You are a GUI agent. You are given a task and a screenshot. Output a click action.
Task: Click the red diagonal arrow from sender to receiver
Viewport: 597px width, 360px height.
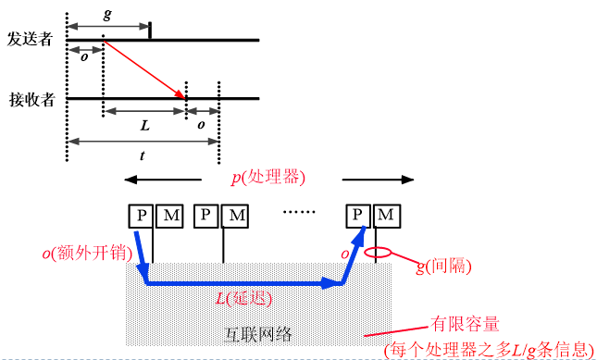click(144, 69)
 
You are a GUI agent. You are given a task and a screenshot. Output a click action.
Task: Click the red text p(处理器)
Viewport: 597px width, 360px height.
click(267, 176)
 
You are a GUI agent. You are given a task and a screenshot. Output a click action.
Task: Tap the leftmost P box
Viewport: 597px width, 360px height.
click(141, 216)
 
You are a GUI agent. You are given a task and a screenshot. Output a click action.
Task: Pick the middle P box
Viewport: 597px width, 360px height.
click(207, 216)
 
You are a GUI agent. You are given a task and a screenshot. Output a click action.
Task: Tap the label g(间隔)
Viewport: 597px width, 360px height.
click(444, 266)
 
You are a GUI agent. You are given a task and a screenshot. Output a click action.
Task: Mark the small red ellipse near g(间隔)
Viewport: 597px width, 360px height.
click(379, 252)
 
